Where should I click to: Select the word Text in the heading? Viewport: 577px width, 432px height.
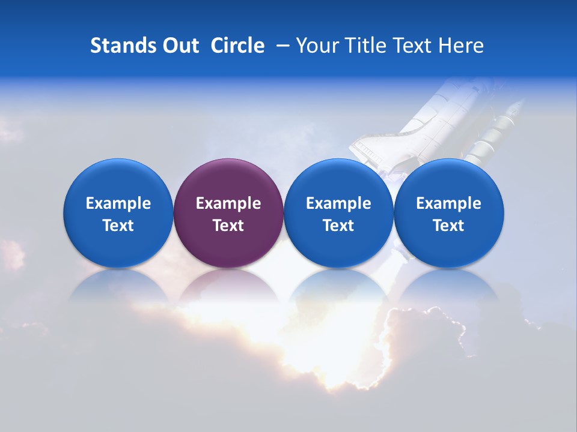coord(412,46)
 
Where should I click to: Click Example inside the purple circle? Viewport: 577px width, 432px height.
coord(228,203)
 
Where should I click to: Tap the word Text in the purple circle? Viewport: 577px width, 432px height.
coord(228,226)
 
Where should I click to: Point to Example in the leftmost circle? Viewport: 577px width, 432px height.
coord(118,203)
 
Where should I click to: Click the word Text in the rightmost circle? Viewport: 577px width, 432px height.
coord(449,226)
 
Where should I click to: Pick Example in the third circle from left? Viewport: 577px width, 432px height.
coord(338,203)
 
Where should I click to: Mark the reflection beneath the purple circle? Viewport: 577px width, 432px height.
coord(228,285)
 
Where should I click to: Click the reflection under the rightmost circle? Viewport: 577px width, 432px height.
coord(449,285)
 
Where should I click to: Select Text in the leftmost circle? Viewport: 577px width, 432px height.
coord(118,226)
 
